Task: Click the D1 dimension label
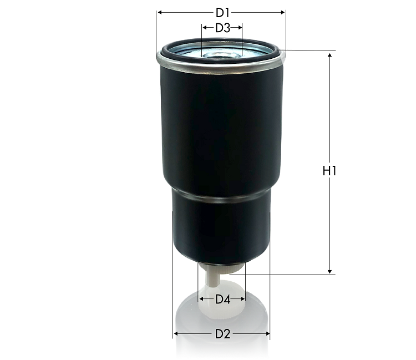click(x=222, y=13)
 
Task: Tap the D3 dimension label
click(x=222, y=28)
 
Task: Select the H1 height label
click(x=329, y=171)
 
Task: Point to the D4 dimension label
click(x=222, y=299)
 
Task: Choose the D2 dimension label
click(x=222, y=334)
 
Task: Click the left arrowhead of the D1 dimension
click(x=159, y=12)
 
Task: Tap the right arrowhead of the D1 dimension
click(x=283, y=12)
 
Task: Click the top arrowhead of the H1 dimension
click(x=329, y=55)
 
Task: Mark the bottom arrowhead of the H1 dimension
click(x=329, y=271)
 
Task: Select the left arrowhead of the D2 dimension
click(x=175, y=334)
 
